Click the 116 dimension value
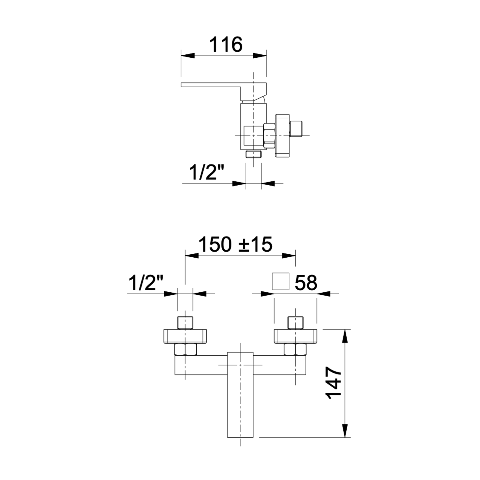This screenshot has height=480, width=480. click(226, 45)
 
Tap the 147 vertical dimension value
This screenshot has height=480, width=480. click(334, 383)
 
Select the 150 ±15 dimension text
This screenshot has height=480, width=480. click(236, 244)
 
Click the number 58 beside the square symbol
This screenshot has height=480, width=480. click(306, 282)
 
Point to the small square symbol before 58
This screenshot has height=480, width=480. click(281, 281)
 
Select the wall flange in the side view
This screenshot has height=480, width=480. click(282, 135)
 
